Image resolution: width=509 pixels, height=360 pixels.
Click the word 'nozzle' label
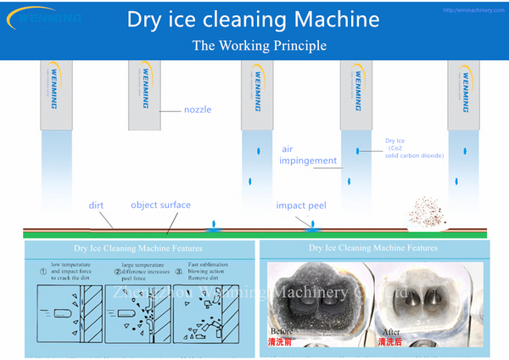click(198, 109)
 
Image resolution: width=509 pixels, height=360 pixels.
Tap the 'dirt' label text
click(96, 205)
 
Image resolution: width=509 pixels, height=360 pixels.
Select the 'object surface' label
click(160, 205)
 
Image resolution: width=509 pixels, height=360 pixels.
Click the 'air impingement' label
click(309, 155)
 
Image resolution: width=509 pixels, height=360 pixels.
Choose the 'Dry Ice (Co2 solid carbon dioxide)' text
click(412, 149)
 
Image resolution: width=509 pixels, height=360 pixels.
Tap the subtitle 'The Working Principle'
click(254, 44)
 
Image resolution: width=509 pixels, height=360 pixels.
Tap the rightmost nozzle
click(464, 93)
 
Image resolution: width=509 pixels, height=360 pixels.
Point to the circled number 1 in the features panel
click(42, 273)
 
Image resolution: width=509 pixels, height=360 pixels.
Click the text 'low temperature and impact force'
click(70, 271)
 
